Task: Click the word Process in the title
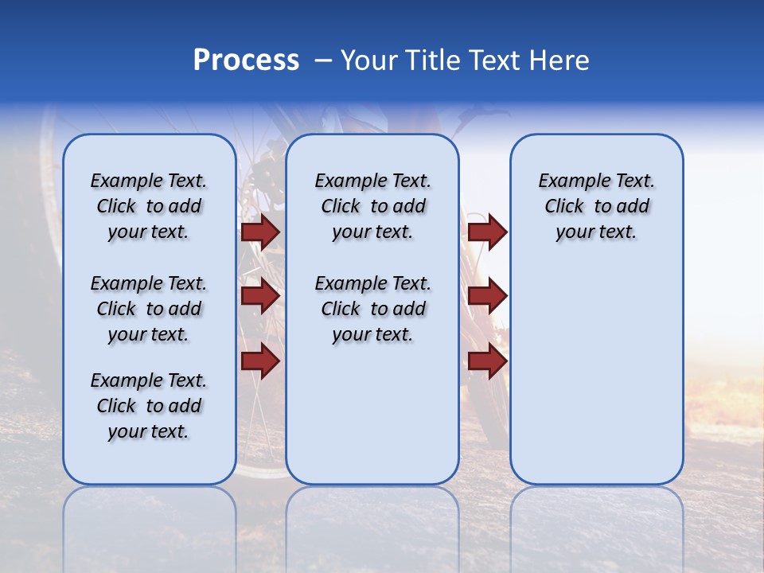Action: click(246, 60)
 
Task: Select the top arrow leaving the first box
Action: click(260, 232)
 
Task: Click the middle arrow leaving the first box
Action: click(260, 296)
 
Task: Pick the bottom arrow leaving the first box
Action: click(260, 361)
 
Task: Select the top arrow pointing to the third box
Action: click(487, 232)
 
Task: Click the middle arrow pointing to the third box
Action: click(487, 296)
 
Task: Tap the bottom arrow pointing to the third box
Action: click(487, 361)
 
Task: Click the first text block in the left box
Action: click(149, 206)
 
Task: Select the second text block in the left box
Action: click(149, 309)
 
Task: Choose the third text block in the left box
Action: click(149, 406)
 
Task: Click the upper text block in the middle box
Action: click(372, 206)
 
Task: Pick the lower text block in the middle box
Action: click(372, 309)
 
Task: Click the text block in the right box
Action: click(596, 206)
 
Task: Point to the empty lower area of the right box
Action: click(596, 374)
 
